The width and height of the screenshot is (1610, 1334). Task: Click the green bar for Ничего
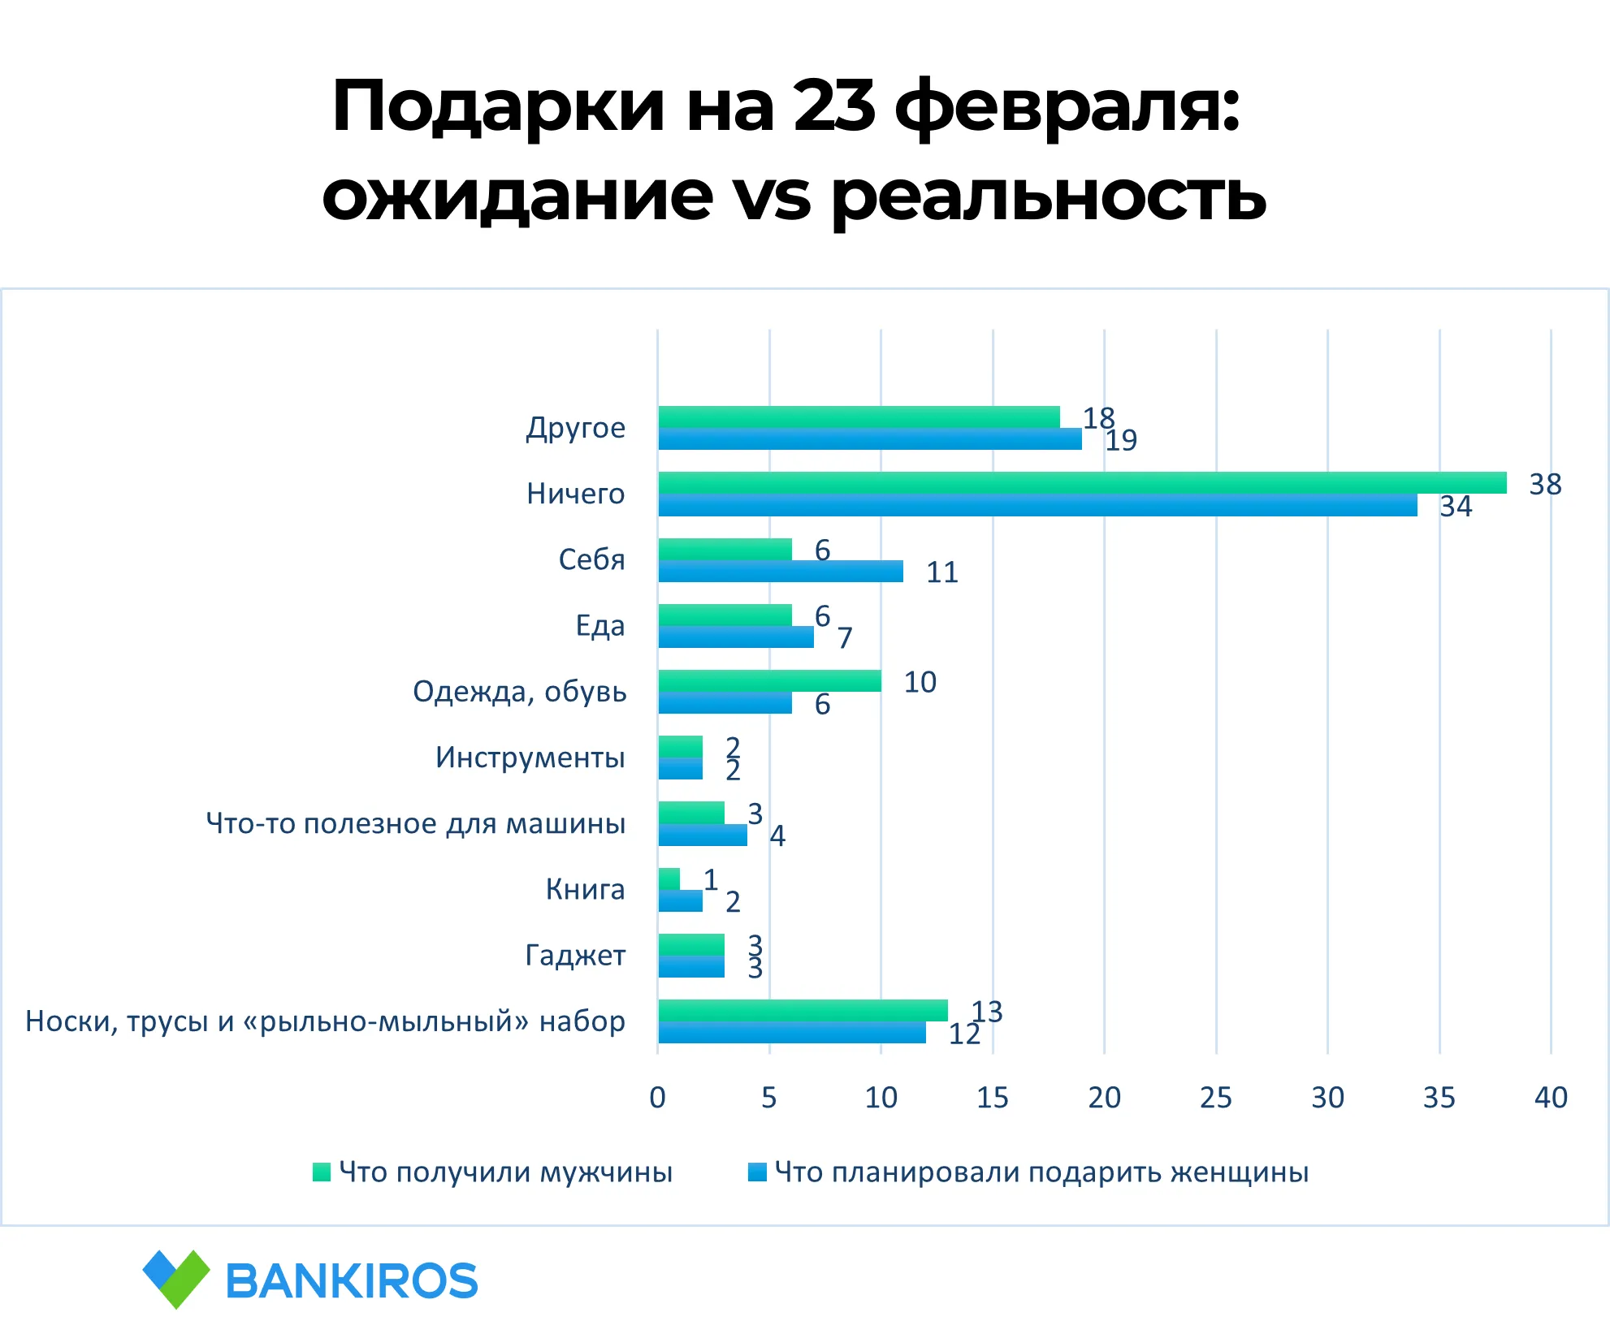(1082, 483)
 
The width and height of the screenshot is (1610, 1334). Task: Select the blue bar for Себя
(780, 572)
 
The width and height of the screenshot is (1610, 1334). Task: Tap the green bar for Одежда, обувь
(769, 681)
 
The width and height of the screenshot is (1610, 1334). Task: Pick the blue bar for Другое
(869, 439)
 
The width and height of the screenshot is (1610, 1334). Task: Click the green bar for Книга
(669, 879)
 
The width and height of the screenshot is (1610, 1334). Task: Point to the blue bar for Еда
(735, 637)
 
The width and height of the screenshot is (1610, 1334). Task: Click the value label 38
(1545, 485)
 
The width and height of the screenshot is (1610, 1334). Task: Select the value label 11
(942, 572)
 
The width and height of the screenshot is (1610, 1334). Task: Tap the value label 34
(1456, 507)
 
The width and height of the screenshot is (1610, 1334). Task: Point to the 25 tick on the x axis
(1216, 1098)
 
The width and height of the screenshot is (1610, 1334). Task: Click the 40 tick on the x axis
(1551, 1098)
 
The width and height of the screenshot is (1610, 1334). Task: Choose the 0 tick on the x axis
(658, 1098)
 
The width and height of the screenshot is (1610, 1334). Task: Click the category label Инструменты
(530, 758)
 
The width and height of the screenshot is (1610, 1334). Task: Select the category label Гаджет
(575, 956)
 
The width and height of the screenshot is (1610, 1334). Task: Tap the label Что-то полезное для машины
(416, 823)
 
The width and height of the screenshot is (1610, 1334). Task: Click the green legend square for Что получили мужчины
(322, 1172)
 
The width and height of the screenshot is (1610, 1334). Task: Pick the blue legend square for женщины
(757, 1172)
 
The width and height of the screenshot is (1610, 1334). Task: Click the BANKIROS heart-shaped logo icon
(176, 1279)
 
